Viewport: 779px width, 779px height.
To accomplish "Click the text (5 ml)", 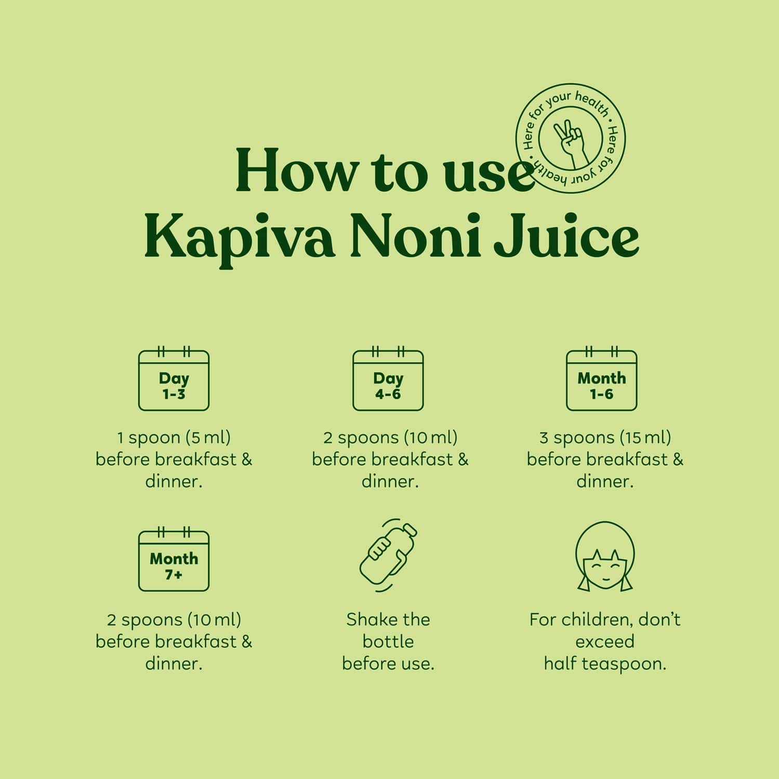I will click(x=208, y=438).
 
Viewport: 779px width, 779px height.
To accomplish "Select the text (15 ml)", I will click(x=645, y=438).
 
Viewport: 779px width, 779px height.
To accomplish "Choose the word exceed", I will click(x=605, y=641).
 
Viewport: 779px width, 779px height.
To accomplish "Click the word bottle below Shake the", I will click(x=388, y=641).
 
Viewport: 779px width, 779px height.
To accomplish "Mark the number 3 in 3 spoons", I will click(x=544, y=438).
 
